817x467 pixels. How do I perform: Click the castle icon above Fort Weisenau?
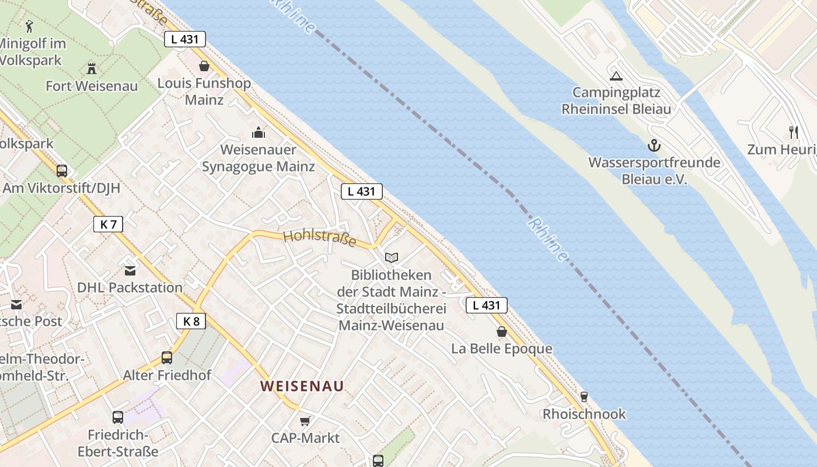[91, 68]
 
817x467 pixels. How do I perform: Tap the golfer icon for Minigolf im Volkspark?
[29, 26]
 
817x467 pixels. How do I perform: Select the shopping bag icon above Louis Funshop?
[204, 65]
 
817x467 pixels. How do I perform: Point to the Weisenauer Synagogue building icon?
[258, 133]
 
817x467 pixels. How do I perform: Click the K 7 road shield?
[108, 224]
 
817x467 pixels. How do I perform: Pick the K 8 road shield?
[191, 320]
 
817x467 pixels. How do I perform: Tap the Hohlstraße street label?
[319, 238]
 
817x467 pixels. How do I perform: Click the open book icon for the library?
[392, 257]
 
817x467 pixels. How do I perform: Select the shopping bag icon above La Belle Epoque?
[501, 332]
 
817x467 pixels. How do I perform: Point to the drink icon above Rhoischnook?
[584, 397]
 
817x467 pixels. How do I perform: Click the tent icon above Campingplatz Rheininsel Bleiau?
[616, 75]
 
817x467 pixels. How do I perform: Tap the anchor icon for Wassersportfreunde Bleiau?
[654, 145]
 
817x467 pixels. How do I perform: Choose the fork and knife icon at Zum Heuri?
[793, 132]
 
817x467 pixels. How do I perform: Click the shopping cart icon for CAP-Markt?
[305, 420]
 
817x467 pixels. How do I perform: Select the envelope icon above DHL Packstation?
[130, 270]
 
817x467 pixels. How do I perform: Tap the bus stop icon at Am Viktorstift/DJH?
[61, 170]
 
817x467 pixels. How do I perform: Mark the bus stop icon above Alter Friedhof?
[167, 357]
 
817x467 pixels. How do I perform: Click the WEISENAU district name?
[302, 386]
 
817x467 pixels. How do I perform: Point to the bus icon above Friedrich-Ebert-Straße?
[118, 417]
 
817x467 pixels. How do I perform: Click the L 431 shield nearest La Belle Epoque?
[486, 305]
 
